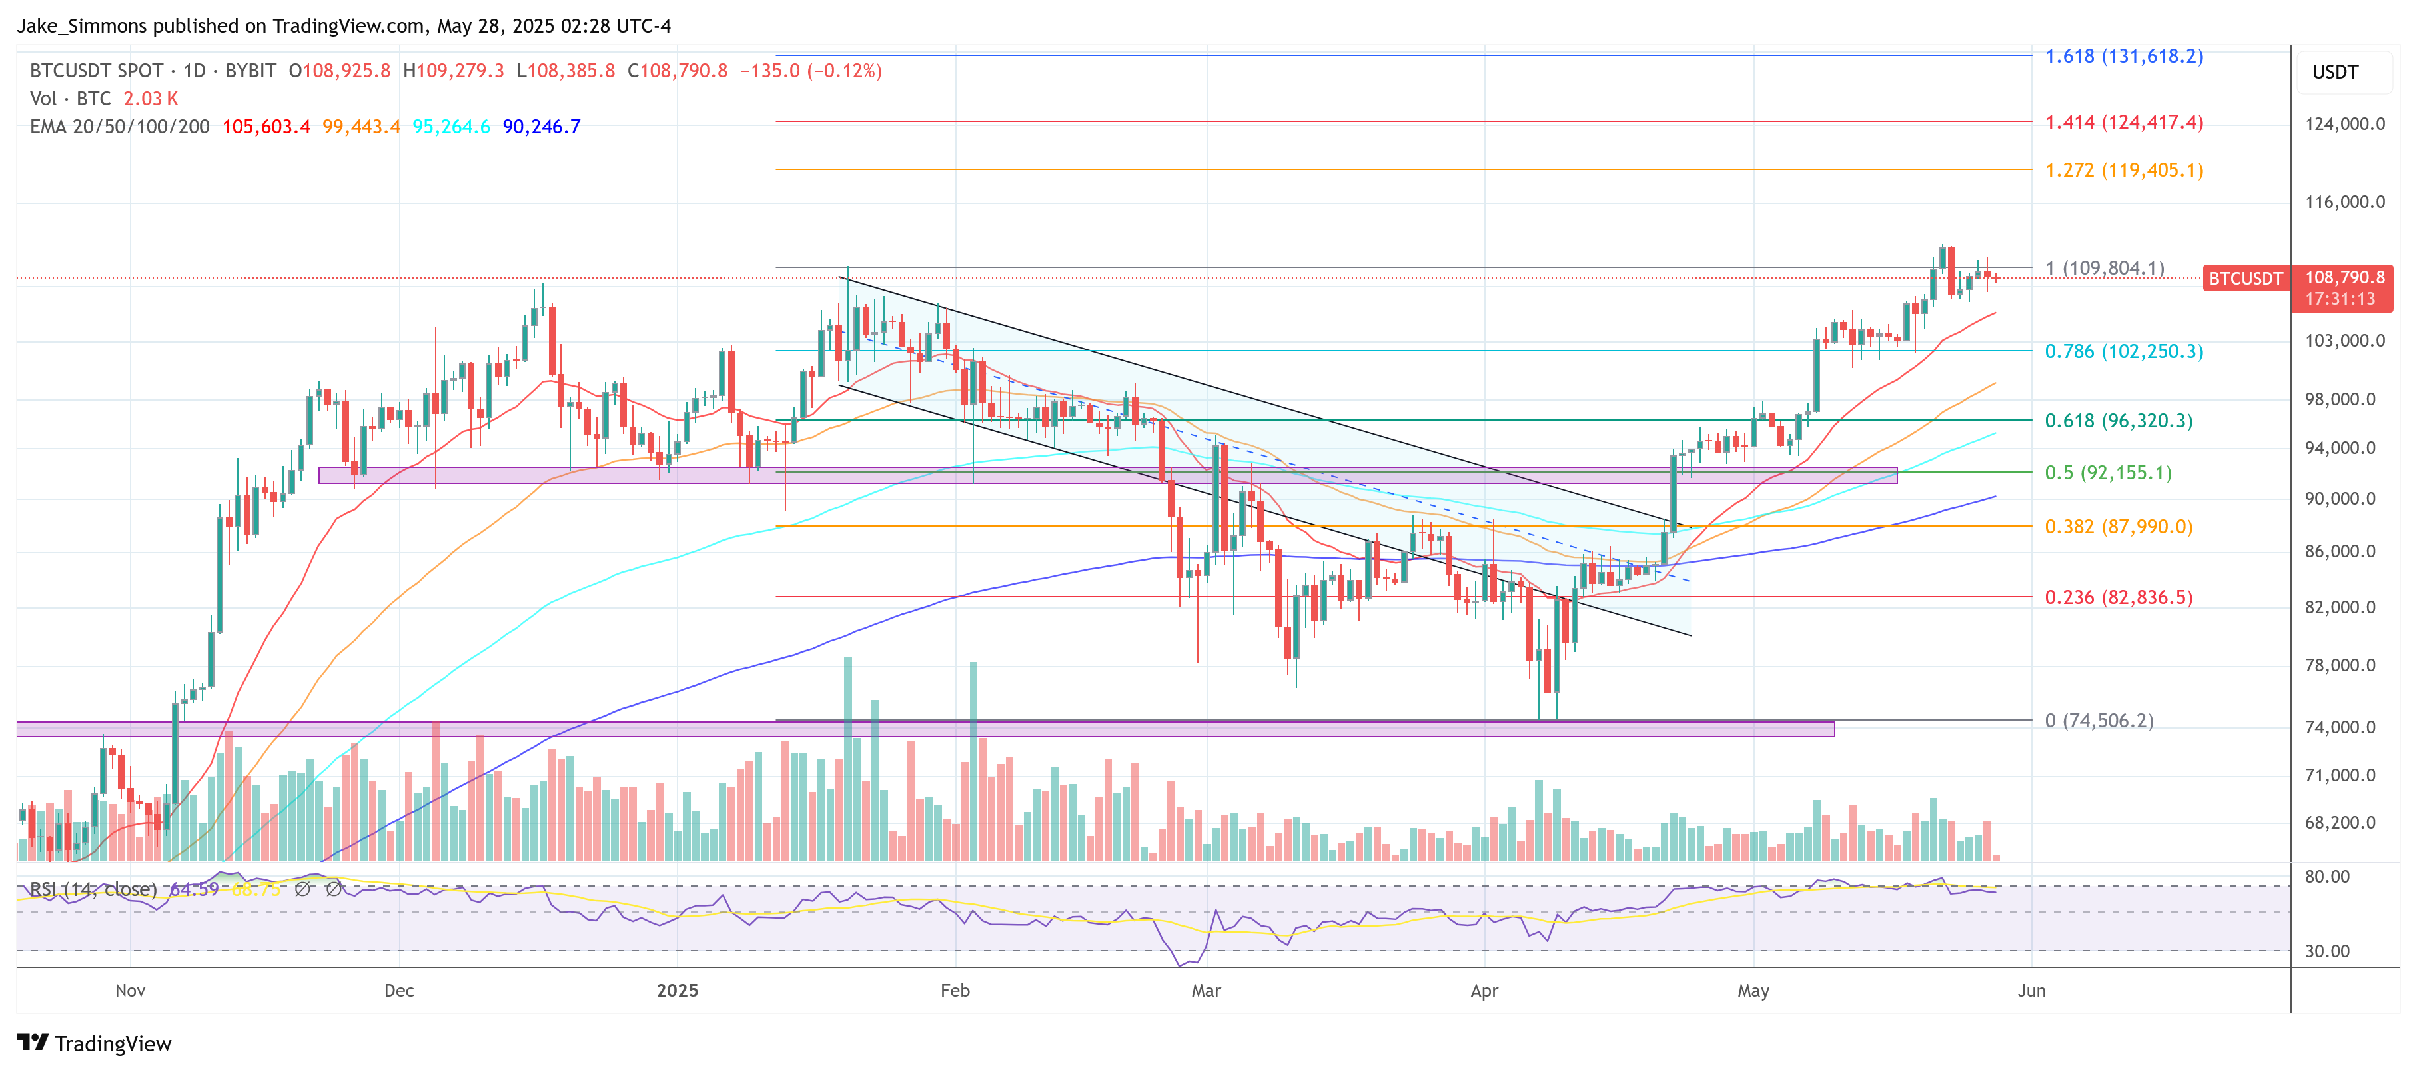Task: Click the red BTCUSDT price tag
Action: click(x=2244, y=279)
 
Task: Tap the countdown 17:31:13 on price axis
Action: click(x=2340, y=299)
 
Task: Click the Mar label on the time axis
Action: click(x=1206, y=990)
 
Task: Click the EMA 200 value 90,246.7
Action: click(x=542, y=127)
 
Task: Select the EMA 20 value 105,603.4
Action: click(x=266, y=127)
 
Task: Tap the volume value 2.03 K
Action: click(x=150, y=99)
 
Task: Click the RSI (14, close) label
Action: click(x=93, y=889)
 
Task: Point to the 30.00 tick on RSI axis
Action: click(x=2327, y=951)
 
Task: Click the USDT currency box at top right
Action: click(x=2334, y=72)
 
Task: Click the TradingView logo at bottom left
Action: click(x=95, y=1044)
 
